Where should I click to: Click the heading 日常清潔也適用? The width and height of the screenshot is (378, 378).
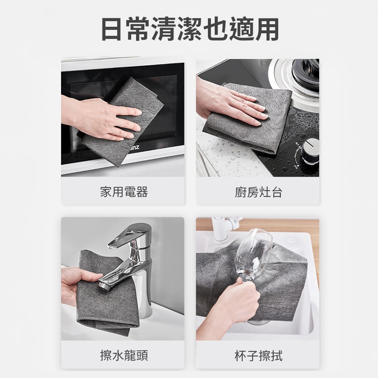click(190, 29)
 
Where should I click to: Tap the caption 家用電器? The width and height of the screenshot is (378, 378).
click(124, 192)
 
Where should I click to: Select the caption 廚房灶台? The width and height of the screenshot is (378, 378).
click(258, 192)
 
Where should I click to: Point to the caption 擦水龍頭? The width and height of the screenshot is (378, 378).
click(124, 355)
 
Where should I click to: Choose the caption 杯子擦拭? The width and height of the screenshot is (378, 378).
click(258, 356)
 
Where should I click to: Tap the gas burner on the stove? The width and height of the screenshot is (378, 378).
click(302, 75)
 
